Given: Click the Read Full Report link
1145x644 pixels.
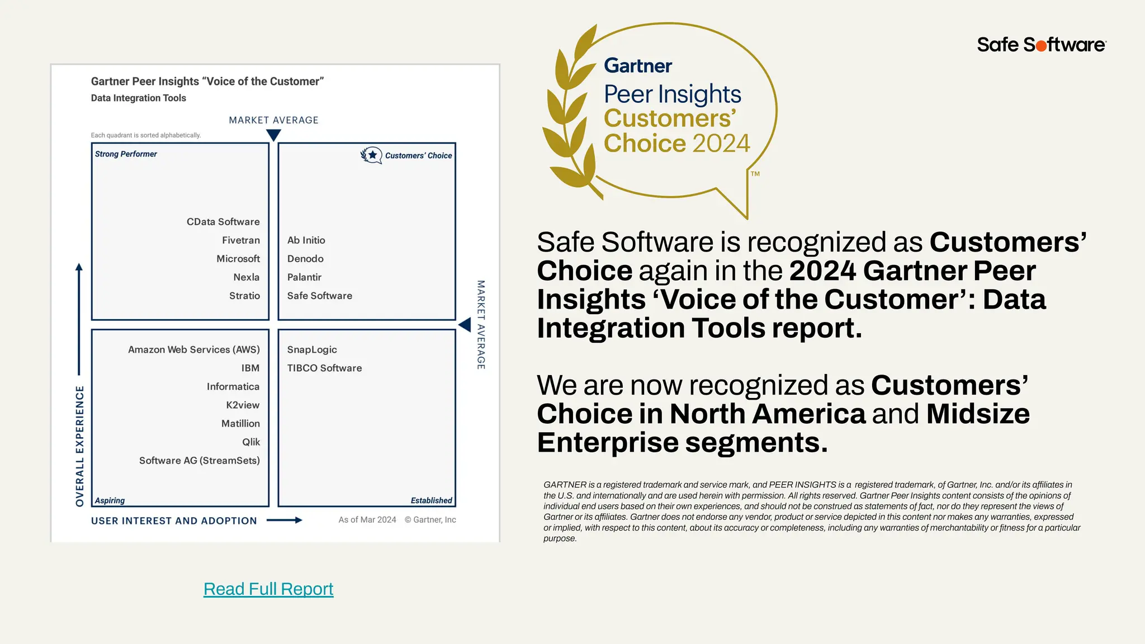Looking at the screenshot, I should pyautogui.click(x=268, y=589).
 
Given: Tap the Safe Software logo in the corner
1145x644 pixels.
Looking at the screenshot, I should pyautogui.click(x=1041, y=45).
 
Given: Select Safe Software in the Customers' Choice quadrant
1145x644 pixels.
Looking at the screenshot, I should pyautogui.click(x=319, y=296).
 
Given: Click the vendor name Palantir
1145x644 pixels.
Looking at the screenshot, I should pyautogui.click(x=304, y=277).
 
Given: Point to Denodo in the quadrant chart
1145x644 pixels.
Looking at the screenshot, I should pyautogui.click(x=305, y=259).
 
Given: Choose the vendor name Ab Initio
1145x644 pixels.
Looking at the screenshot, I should pyautogui.click(x=306, y=240).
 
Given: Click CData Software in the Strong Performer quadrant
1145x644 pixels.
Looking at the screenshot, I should pyautogui.click(x=223, y=222).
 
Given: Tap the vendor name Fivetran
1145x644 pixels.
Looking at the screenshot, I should pyautogui.click(x=240, y=240).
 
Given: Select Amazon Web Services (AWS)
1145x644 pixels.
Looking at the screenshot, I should pyautogui.click(x=193, y=349).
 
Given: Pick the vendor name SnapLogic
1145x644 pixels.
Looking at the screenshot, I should pyautogui.click(x=312, y=349).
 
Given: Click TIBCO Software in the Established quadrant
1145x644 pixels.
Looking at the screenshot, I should pyautogui.click(x=324, y=368).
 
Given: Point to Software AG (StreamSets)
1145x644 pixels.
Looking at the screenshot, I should pyautogui.click(x=199, y=461).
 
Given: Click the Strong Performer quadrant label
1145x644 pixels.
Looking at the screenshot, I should pyautogui.click(x=126, y=154).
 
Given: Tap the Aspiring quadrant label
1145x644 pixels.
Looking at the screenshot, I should pyautogui.click(x=110, y=500).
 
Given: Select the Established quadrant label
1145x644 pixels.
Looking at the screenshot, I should pyautogui.click(x=431, y=500).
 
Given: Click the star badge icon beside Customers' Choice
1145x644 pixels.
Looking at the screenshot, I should pyautogui.click(x=371, y=155).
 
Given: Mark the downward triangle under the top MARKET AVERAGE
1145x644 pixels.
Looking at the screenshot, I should pyautogui.click(x=273, y=135).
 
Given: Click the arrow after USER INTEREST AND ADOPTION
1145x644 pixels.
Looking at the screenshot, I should pyautogui.click(x=285, y=520).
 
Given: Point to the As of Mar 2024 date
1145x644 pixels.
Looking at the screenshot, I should pyautogui.click(x=367, y=520).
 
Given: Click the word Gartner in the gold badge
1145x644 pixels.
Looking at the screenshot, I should pyautogui.click(x=638, y=66).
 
